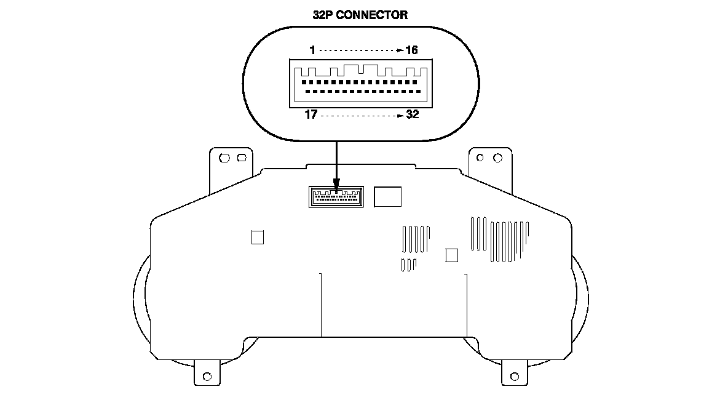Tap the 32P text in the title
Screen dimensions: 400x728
click(x=325, y=15)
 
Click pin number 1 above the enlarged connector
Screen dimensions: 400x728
click(x=313, y=50)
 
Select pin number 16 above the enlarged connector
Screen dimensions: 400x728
click(x=411, y=50)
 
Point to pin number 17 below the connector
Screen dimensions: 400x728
click(x=311, y=114)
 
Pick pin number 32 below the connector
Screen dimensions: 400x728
click(x=412, y=114)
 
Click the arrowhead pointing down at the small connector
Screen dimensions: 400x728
click(x=336, y=183)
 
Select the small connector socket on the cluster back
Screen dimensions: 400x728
click(x=335, y=198)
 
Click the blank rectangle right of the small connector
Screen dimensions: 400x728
click(x=388, y=196)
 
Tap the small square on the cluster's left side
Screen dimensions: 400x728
click(x=258, y=237)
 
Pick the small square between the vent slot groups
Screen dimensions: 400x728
click(x=451, y=255)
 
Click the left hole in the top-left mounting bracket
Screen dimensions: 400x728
click(x=224, y=158)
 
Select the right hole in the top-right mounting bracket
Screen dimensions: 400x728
click(x=497, y=158)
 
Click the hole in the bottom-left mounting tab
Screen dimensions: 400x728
click(x=207, y=375)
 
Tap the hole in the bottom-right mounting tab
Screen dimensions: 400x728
click(x=515, y=375)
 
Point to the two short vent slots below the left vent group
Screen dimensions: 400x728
click(x=408, y=265)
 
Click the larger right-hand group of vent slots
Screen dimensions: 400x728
click(x=499, y=239)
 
